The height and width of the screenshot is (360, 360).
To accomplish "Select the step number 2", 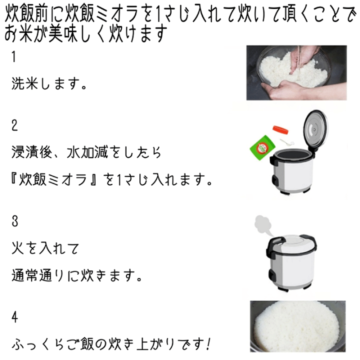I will coord(15,126).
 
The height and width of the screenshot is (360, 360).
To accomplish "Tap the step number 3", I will coord(15,220).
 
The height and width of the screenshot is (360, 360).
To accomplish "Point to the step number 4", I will coord(15,316).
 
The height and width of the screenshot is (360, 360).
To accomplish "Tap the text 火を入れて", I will coord(45,248).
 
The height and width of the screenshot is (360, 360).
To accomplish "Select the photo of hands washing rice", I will coord(296,72).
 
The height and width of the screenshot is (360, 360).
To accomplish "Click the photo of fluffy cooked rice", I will coord(297,327).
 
